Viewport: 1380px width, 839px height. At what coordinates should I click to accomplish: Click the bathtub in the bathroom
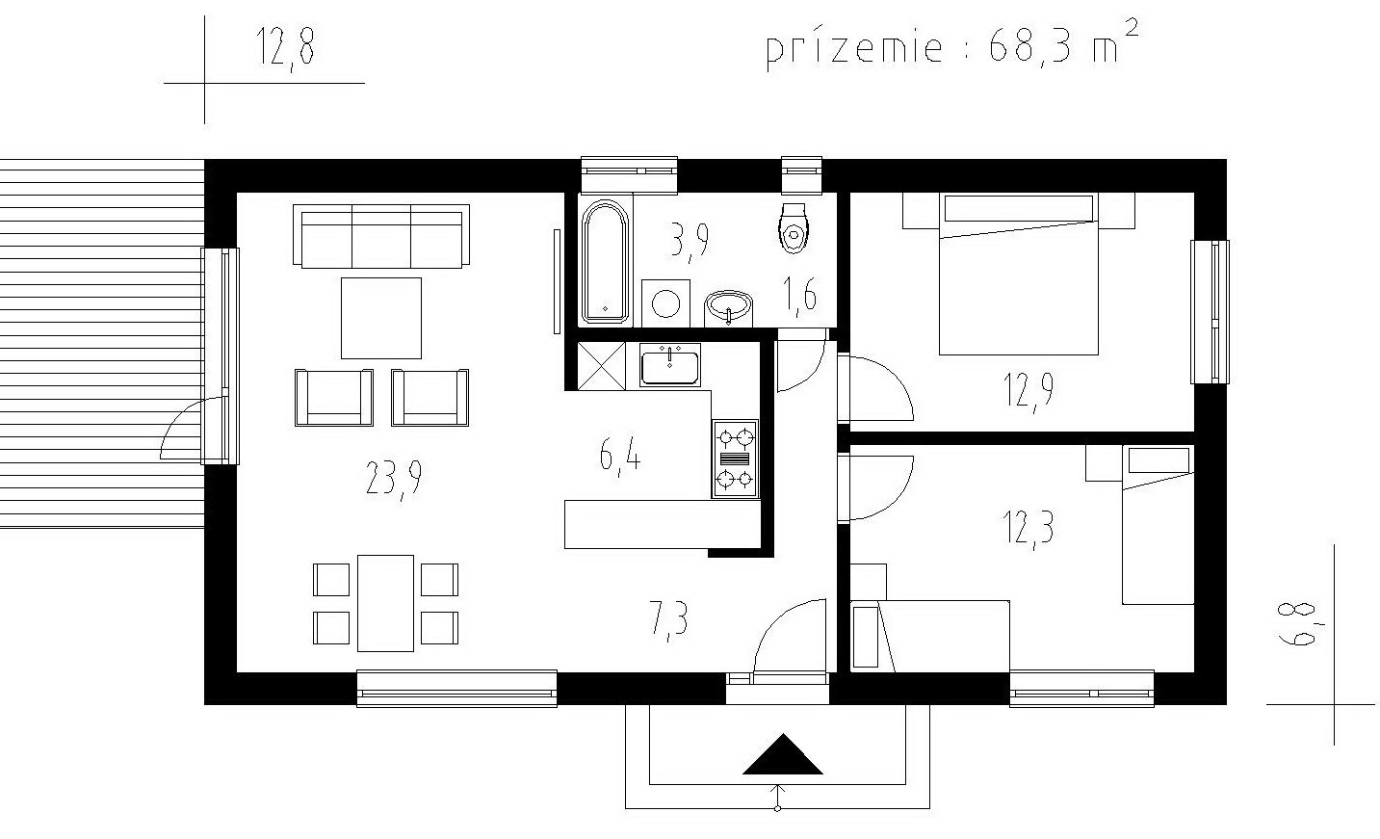605,261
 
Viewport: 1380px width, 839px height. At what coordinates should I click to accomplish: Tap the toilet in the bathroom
793,228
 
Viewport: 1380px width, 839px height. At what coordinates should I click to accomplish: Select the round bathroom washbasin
729,306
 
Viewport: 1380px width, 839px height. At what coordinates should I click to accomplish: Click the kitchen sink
669,365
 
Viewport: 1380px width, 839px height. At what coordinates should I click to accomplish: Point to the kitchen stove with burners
736,459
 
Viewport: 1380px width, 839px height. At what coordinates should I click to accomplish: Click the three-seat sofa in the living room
380,236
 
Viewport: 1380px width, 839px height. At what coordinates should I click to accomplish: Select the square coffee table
381,318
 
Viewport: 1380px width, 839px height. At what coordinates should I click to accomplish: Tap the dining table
385,603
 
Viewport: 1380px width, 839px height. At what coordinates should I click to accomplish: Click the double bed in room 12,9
1018,274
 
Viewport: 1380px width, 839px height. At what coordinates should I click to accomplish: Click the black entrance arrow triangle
782,754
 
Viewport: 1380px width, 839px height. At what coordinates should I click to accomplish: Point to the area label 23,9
394,479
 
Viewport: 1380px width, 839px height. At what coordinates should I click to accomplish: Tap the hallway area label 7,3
668,619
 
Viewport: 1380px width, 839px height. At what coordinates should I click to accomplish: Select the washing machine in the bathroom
665,303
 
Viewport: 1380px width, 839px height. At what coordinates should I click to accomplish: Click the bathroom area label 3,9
690,241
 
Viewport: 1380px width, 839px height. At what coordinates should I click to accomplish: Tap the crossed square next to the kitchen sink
601,366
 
